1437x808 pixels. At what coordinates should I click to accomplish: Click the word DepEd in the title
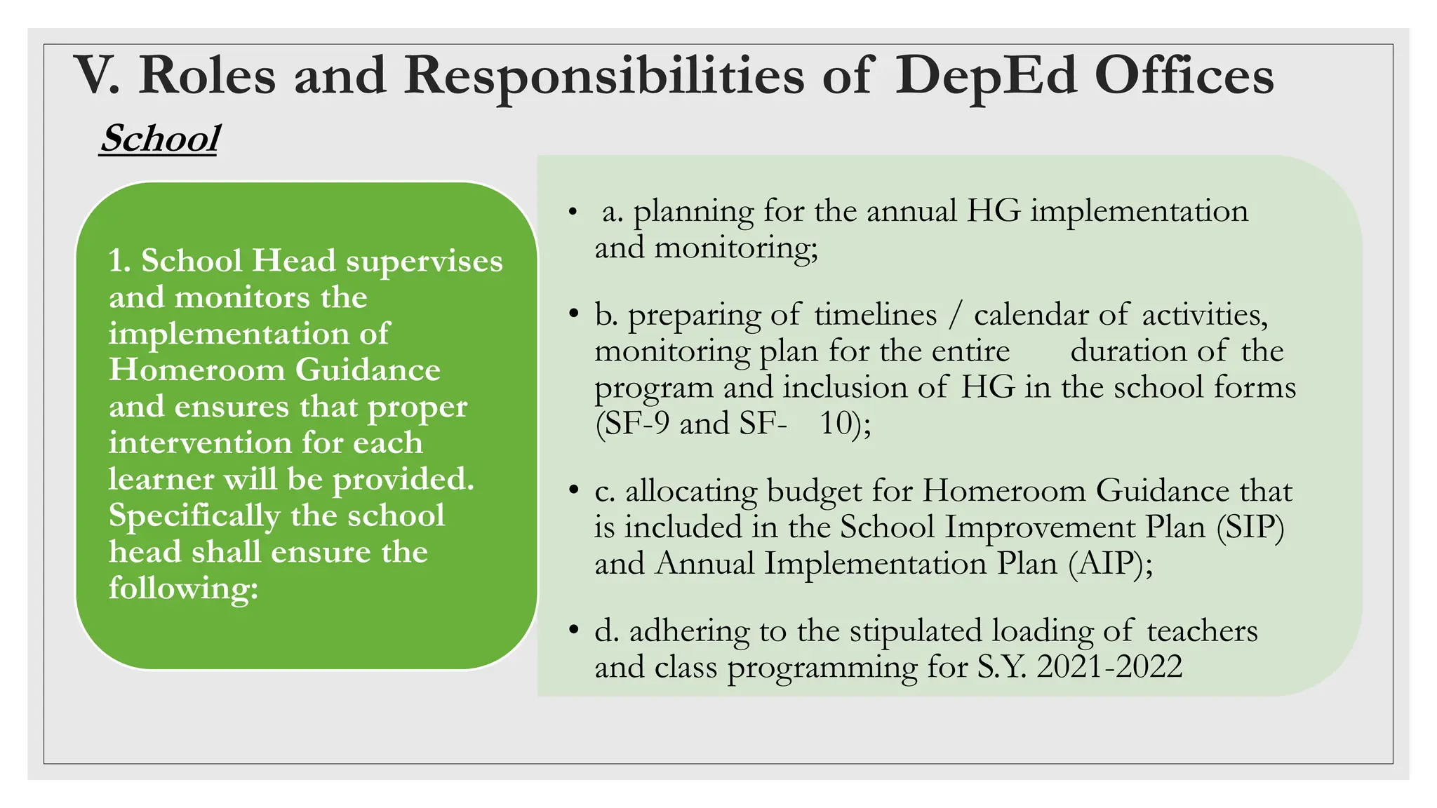(x=985, y=76)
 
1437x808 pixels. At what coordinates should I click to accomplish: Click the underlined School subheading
(x=160, y=138)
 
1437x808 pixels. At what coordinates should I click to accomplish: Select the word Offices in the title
(x=1184, y=76)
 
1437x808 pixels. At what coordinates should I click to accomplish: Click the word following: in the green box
(x=183, y=588)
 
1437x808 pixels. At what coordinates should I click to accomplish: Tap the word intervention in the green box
(x=200, y=443)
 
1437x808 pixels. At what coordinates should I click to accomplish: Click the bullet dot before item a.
(x=573, y=211)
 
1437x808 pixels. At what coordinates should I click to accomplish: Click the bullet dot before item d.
(x=573, y=630)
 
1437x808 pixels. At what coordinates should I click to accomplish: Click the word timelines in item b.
(x=875, y=314)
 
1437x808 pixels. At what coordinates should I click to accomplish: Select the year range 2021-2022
(x=1109, y=666)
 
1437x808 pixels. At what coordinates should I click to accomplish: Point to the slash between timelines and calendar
(x=954, y=315)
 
